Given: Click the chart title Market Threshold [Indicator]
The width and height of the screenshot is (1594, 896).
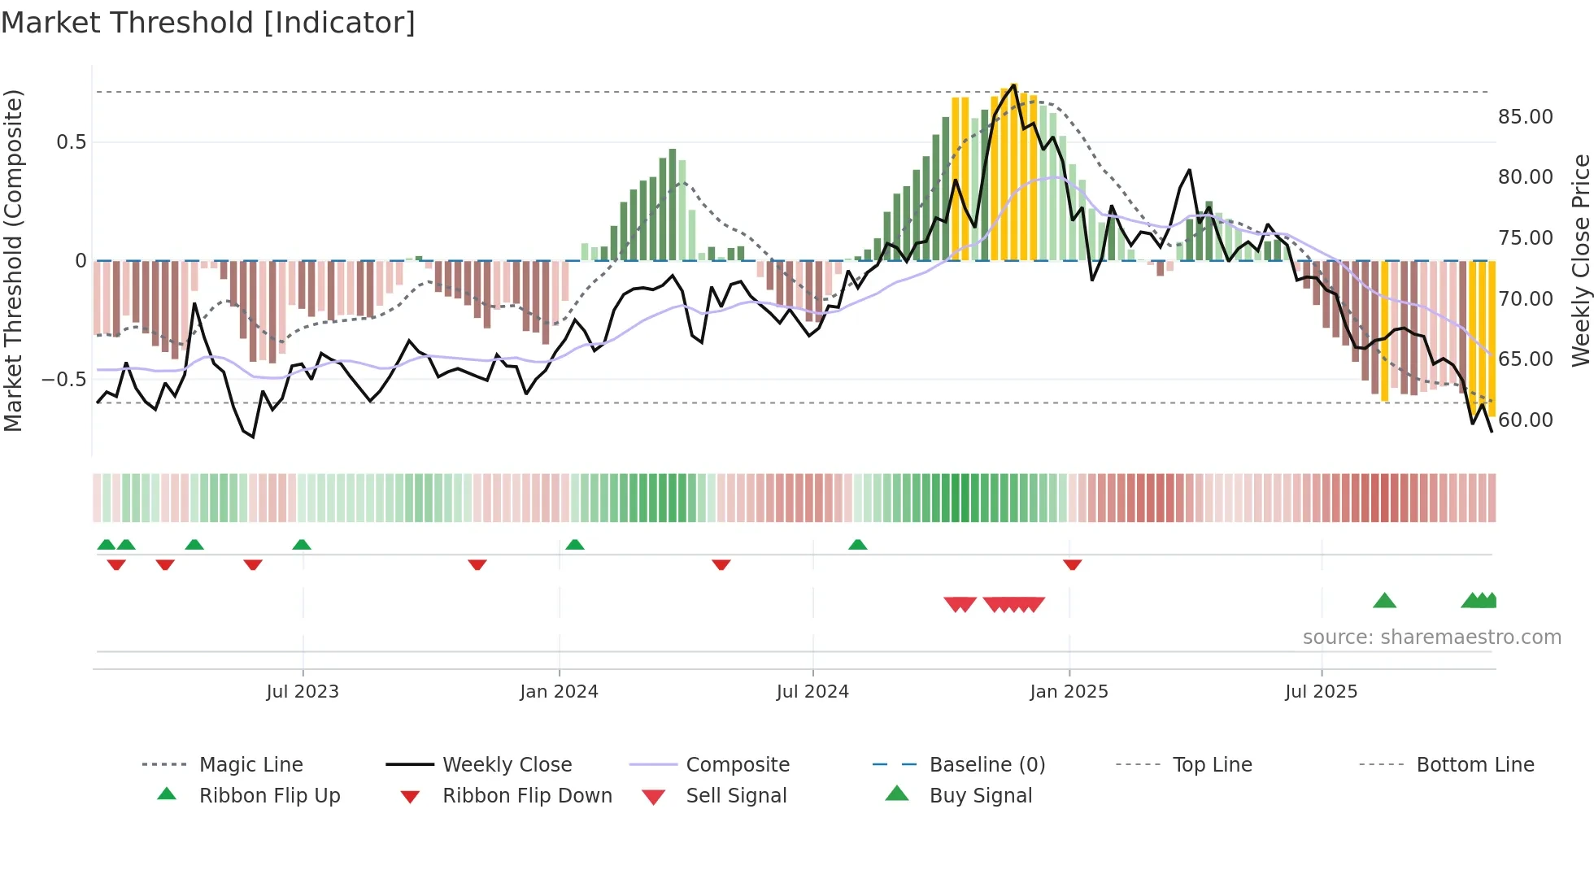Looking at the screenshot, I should coord(208,23).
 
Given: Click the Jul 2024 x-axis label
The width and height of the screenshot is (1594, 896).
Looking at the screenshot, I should coord(812,691).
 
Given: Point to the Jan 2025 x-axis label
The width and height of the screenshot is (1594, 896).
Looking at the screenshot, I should coord(1069,691).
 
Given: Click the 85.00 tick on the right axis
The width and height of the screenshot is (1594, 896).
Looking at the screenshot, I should coord(1525,116).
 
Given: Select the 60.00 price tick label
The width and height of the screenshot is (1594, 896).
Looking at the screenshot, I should coord(1525,420).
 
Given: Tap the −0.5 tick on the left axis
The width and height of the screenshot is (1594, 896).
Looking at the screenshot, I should coord(63,379).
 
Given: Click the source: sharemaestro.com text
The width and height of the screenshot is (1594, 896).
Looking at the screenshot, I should coord(1431,637).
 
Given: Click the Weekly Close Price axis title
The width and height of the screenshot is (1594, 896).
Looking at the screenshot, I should coord(1580,260).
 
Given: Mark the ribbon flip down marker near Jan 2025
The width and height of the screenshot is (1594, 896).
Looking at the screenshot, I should coord(1072,564).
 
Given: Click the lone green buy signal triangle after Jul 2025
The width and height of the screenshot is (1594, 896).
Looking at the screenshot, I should coord(1384,601).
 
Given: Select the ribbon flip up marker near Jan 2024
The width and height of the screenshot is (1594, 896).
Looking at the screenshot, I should coord(575,544).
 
